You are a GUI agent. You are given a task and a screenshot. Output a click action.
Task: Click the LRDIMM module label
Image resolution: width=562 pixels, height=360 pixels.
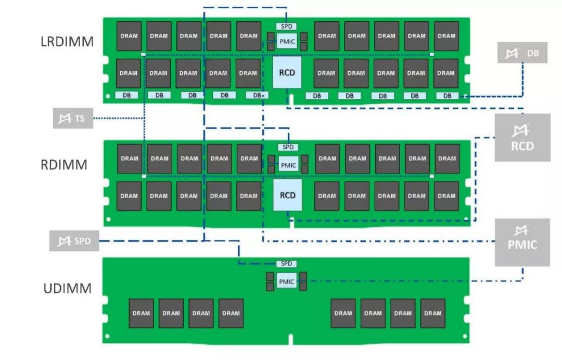coord(67,42)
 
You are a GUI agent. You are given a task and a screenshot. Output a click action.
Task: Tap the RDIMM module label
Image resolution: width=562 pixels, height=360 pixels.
coord(64,165)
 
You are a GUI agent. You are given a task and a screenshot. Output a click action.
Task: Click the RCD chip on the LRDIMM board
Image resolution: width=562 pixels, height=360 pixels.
coord(287,73)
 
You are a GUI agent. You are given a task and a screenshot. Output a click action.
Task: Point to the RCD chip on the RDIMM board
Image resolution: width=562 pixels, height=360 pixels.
coord(287,196)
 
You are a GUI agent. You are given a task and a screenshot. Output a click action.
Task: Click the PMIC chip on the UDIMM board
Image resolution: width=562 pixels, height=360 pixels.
coord(287,282)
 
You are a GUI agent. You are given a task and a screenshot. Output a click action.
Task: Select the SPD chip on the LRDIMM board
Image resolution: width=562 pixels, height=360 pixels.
coord(287,26)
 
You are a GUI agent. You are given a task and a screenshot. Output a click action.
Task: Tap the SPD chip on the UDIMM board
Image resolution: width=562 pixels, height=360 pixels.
coord(287,264)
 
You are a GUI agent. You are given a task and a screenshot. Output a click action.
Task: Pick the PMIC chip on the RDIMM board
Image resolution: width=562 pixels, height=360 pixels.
coord(288,165)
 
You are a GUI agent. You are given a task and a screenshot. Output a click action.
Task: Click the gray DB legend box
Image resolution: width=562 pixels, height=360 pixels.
coord(522,53)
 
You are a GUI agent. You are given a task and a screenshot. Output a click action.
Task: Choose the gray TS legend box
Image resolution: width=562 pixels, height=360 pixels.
coord(73,119)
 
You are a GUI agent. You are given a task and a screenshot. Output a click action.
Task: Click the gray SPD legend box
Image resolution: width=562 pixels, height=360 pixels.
coord(74,241)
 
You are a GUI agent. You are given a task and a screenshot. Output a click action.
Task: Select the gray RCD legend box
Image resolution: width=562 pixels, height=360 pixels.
coord(522,137)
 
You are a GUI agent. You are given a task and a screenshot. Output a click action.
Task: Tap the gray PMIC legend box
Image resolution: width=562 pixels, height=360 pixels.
coord(522,242)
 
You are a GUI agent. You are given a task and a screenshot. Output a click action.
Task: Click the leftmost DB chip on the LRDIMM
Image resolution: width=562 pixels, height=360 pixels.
coord(126,95)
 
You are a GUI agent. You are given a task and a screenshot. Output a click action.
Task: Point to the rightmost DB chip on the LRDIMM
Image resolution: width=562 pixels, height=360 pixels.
coord(448,96)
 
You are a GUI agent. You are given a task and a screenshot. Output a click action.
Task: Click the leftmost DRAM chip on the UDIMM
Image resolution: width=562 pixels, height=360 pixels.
coord(141,313)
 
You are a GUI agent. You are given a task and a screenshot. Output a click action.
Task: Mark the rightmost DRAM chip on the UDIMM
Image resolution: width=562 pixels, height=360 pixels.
coord(432,313)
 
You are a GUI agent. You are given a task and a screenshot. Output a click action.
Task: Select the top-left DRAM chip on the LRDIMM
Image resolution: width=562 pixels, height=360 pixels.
coord(129,36)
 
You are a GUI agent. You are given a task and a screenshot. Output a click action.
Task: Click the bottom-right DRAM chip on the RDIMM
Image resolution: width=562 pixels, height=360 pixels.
coord(446,196)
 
